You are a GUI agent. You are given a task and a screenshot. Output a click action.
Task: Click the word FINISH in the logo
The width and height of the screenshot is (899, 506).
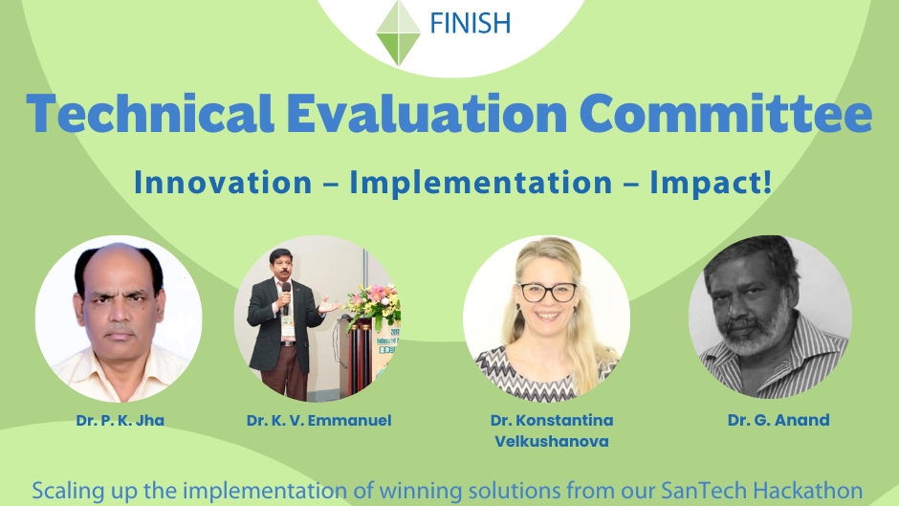pos(471,24)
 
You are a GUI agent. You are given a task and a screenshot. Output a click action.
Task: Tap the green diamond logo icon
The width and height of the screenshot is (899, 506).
pos(399,33)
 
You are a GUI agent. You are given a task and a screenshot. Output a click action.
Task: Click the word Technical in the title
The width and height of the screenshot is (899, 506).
pos(150,114)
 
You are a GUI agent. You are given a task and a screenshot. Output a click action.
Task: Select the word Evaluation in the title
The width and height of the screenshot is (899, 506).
pos(428,114)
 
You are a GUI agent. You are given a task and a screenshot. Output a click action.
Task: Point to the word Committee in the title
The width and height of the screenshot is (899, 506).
pos(726,114)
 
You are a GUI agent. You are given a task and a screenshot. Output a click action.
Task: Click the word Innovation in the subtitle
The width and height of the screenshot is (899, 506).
pos(223,183)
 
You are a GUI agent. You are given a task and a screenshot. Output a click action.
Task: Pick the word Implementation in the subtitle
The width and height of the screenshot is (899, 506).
pos(481,184)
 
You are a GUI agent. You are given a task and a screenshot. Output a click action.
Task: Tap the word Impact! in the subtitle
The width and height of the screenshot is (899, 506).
pos(711,184)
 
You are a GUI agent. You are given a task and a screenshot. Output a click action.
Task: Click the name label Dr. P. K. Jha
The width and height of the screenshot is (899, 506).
pos(120,421)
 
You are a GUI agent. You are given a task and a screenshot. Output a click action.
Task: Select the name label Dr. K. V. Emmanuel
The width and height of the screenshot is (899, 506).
pos(318,421)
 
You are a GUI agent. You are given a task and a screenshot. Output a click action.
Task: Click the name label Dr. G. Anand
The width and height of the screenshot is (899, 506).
pos(778,420)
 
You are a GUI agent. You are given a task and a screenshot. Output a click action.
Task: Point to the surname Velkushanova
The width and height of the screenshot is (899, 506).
pos(552,442)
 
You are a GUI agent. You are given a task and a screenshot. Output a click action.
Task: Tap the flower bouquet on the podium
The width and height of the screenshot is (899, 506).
pos(374,306)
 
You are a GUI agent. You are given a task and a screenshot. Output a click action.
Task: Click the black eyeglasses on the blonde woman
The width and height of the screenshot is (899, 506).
pos(547,293)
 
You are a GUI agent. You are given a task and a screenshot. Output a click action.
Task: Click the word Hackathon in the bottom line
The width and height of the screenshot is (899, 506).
pos(807,491)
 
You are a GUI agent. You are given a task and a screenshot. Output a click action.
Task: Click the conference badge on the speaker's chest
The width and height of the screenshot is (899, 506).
pos(287,327)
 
